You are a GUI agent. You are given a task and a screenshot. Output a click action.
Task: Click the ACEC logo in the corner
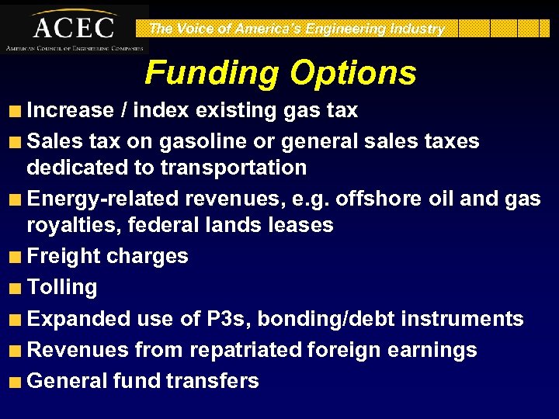[x=74, y=28]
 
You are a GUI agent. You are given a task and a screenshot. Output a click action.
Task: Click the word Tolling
[x=62, y=288]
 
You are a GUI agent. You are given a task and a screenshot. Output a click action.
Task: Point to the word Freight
[x=64, y=257]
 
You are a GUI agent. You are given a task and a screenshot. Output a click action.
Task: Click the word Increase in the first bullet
[x=71, y=110]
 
